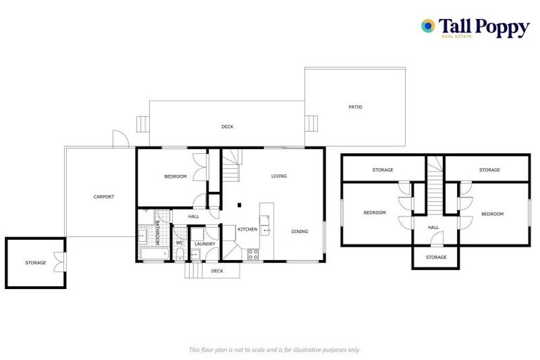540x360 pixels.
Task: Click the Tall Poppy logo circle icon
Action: (427, 26)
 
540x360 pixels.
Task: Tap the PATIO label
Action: (355, 107)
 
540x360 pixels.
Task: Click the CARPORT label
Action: (103, 197)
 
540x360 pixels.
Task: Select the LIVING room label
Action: (279, 176)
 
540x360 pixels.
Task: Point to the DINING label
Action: (300, 231)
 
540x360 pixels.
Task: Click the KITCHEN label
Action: (247, 230)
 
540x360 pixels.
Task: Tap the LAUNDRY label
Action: (205, 244)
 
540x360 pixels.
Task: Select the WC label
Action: (179, 244)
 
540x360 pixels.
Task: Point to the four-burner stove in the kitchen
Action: (252, 254)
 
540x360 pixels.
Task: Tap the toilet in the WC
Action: (179, 255)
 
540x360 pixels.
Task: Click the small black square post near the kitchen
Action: (240, 205)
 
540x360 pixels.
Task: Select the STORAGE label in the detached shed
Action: (35, 263)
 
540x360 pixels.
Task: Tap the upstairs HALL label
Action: (434, 227)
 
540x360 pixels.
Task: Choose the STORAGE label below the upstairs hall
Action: (436, 257)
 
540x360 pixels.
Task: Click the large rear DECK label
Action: (227, 127)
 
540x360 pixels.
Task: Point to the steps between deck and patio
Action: (310, 124)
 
